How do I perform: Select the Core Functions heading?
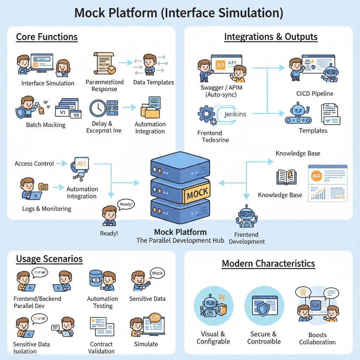click(x=47, y=37)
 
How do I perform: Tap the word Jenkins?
click(x=235, y=114)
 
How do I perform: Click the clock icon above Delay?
click(x=98, y=108)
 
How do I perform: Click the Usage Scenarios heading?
click(x=49, y=259)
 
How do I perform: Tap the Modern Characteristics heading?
click(x=268, y=263)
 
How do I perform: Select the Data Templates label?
click(x=153, y=82)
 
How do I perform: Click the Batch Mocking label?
click(x=46, y=125)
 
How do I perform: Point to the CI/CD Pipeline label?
click(x=315, y=94)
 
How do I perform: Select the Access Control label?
click(x=34, y=163)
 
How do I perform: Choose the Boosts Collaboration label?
click(x=317, y=339)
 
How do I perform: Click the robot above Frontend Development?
click(x=245, y=217)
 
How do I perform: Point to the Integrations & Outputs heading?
click(x=271, y=37)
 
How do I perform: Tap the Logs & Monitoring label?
click(x=47, y=208)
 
